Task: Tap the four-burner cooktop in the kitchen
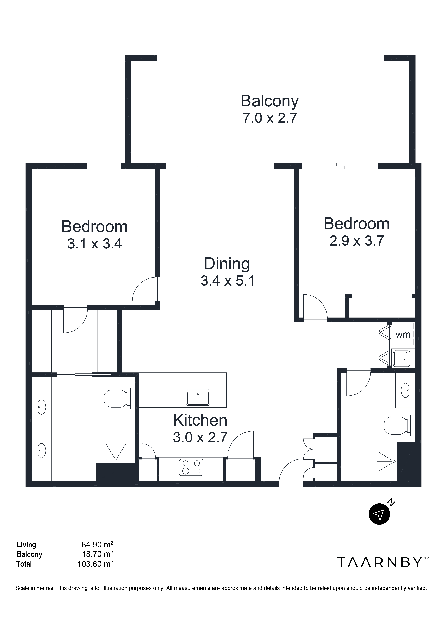[x=191, y=467]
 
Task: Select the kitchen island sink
[x=198, y=397]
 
